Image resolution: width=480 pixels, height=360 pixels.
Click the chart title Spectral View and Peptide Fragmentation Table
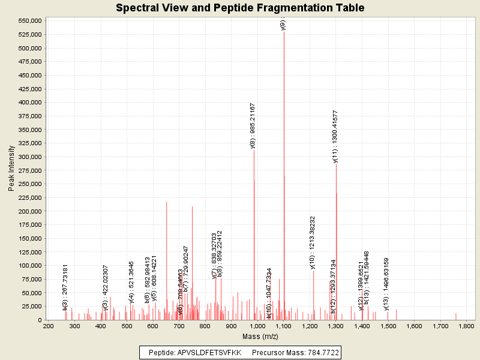(x=240, y=8)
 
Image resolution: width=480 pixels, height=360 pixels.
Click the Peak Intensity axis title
(x=11, y=170)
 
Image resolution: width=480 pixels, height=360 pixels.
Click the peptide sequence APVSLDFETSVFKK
(x=209, y=353)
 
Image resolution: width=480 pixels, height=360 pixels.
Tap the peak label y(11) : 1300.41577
(x=335, y=136)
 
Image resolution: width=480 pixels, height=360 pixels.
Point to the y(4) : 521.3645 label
(x=132, y=282)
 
